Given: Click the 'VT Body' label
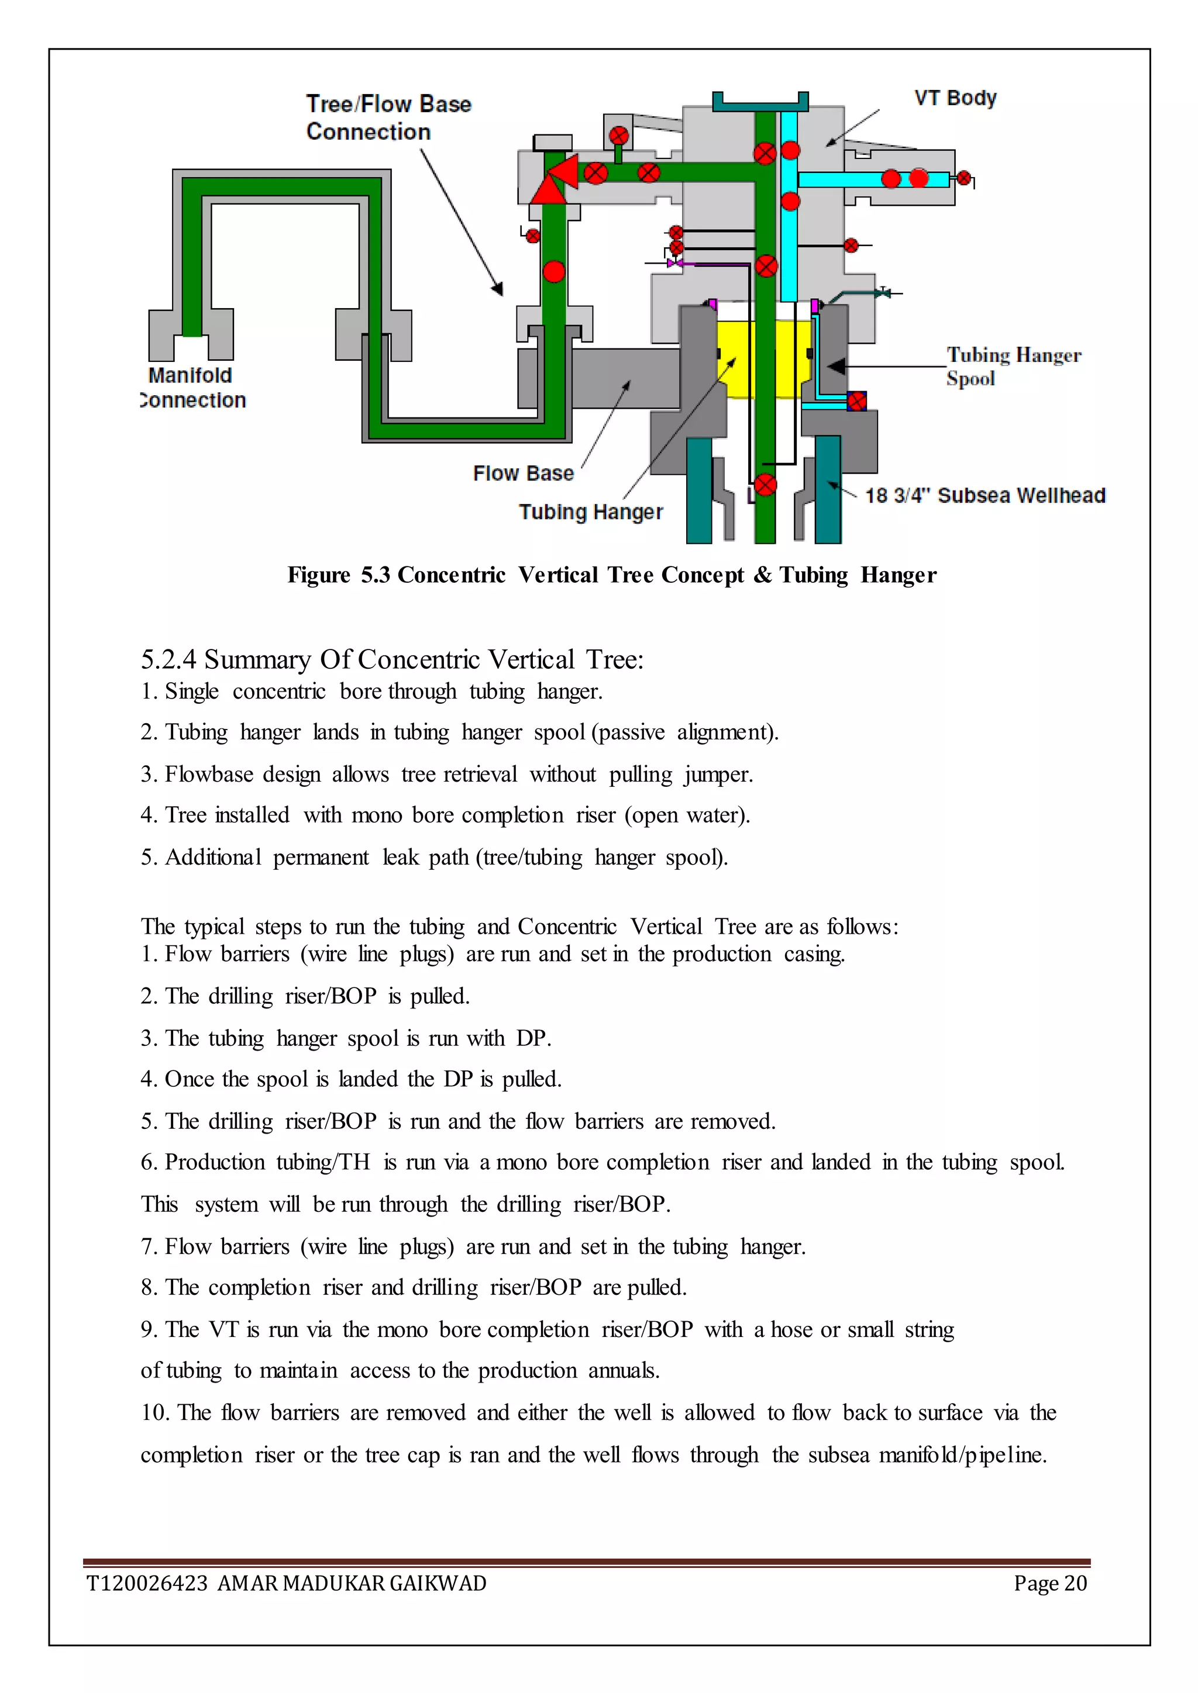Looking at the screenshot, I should pos(955,98).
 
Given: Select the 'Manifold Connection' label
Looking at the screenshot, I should pos(193,388).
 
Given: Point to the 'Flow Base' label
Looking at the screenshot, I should pos(523,474).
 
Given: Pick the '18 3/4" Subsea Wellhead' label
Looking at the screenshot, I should pos(985,496).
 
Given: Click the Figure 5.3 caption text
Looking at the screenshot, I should pos(611,575).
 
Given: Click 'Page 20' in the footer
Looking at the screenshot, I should pos(1050,1583).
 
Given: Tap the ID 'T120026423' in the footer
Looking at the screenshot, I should pos(147,1583).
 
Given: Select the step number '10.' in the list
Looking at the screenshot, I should pos(155,1413).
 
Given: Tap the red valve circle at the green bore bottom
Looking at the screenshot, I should pos(765,485).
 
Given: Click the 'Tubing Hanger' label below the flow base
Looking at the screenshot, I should pos(590,512).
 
